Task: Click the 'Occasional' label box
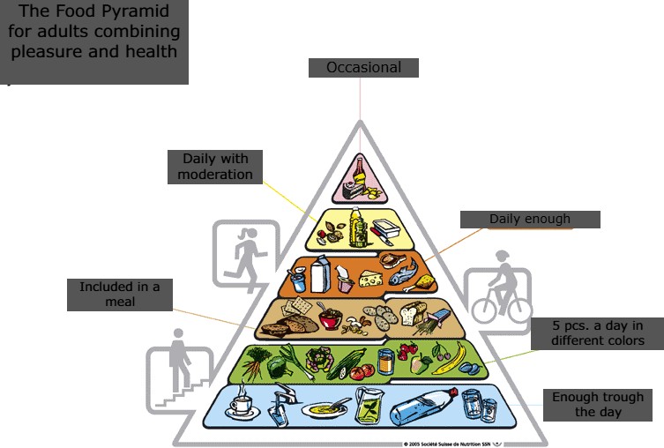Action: [362, 68]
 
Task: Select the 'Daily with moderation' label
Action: [215, 167]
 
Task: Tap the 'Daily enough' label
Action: [530, 220]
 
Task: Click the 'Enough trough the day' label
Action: [598, 405]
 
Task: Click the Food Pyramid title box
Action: [94, 42]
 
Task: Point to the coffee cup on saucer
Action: [240, 407]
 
